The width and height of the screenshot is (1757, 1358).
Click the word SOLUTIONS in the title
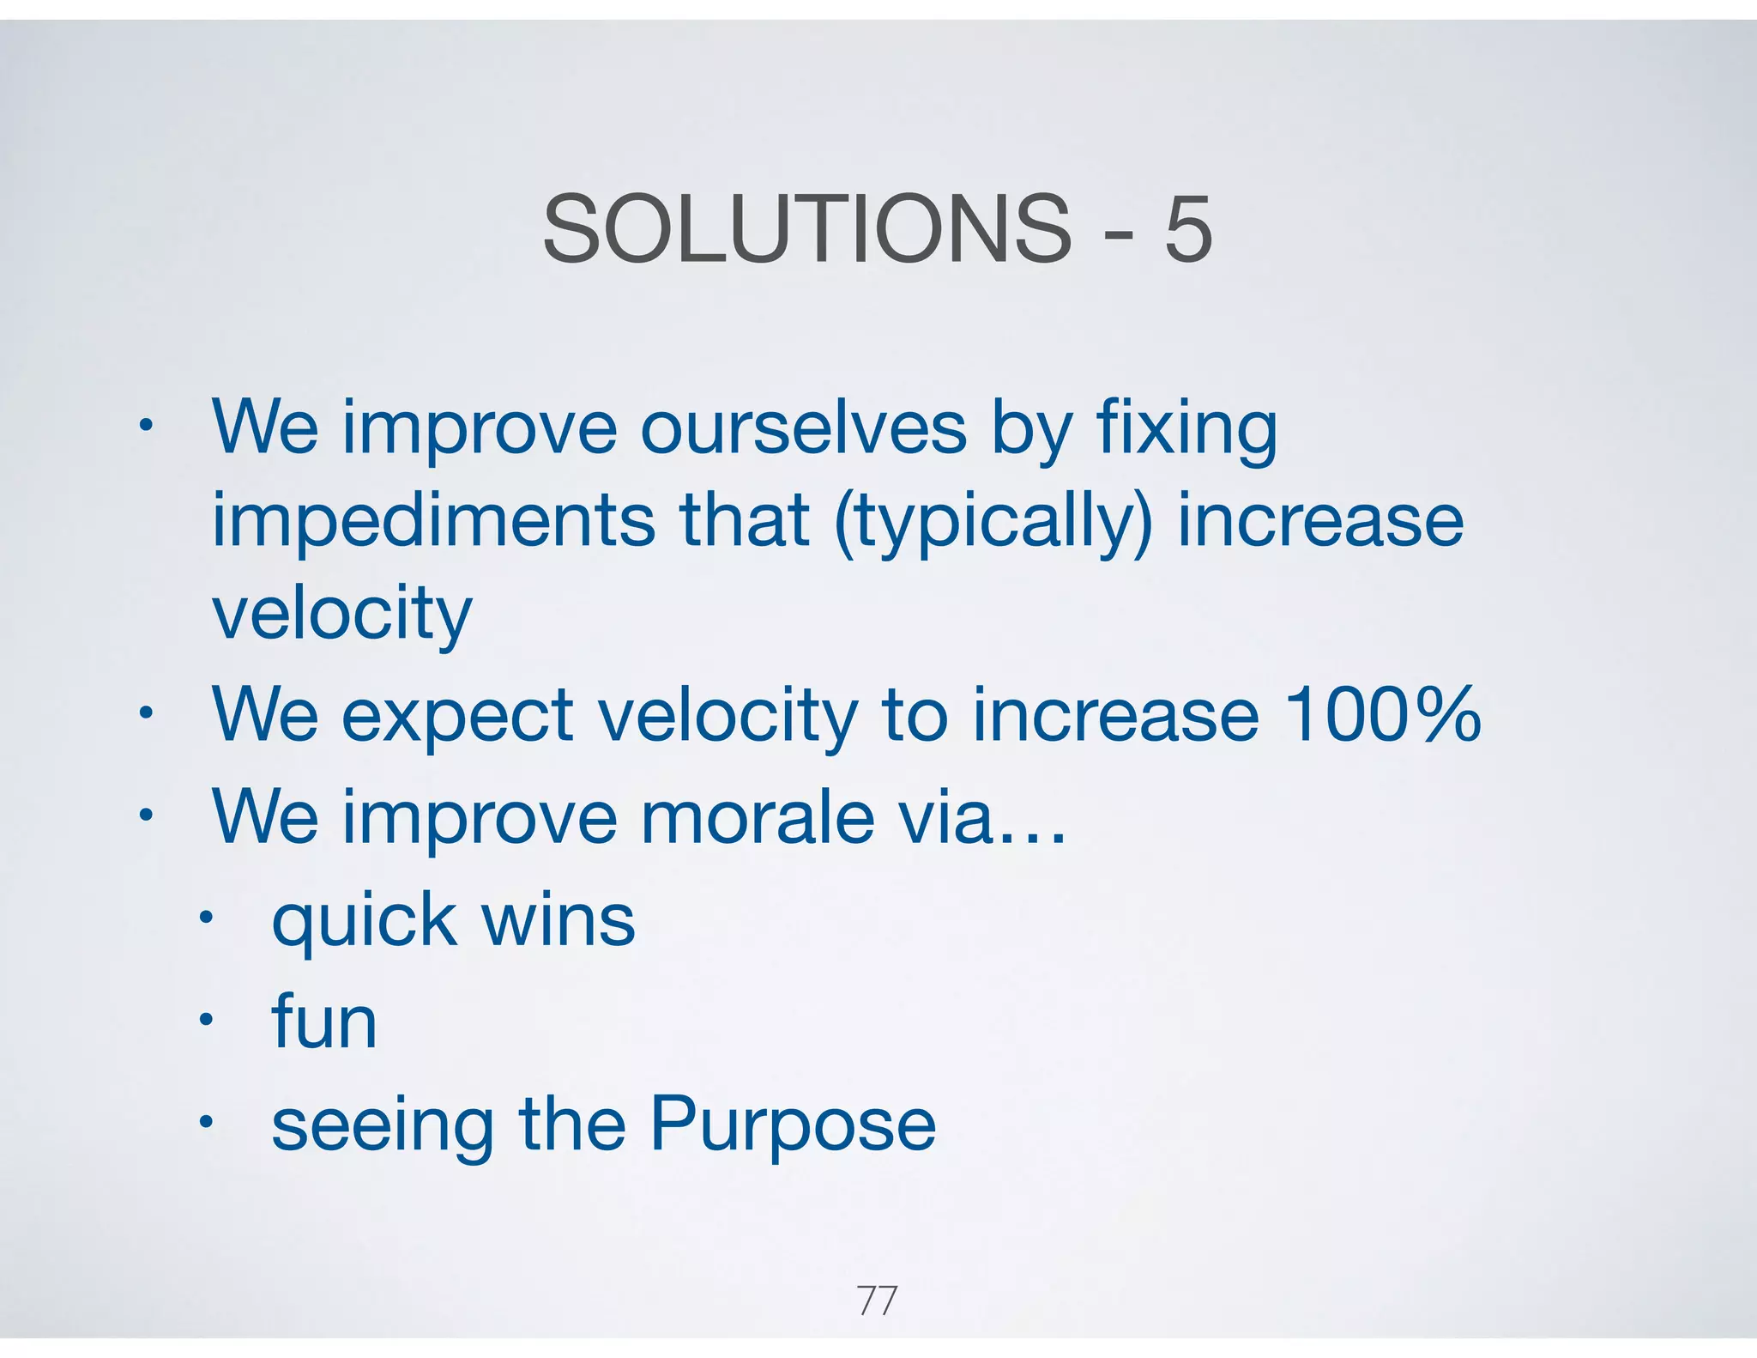click(806, 229)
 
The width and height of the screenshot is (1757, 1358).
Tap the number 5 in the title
click(1188, 229)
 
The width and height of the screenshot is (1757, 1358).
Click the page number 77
click(877, 1300)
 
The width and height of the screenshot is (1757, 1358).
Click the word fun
click(324, 1022)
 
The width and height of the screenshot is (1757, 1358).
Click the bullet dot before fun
click(205, 1021)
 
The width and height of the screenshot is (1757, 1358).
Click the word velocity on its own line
click(341, 615)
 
